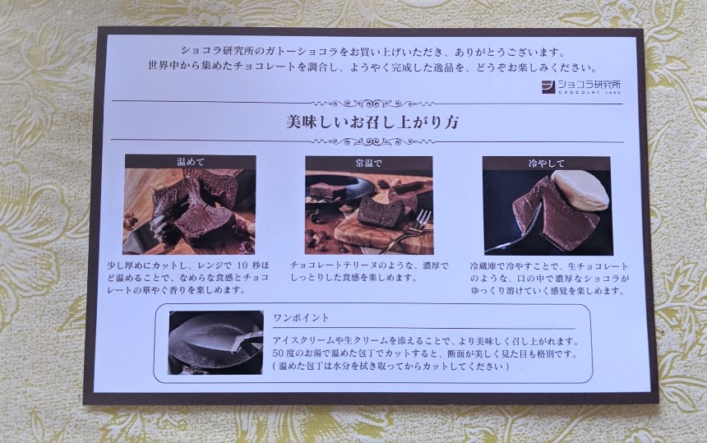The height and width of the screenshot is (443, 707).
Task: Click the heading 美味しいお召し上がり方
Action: click(372, 122)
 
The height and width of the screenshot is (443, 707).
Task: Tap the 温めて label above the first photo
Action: click(190, 162)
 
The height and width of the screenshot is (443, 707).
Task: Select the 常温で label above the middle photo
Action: click(368, 163)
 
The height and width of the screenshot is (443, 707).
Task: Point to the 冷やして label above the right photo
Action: click(547, 163)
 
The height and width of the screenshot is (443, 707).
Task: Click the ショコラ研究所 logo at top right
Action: click(582, 86)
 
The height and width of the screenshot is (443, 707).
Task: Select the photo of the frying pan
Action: click(216, 343)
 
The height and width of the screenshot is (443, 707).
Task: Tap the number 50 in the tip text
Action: click(278, 353)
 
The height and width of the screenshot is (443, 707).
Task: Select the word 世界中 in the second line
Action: click(161, 67)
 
